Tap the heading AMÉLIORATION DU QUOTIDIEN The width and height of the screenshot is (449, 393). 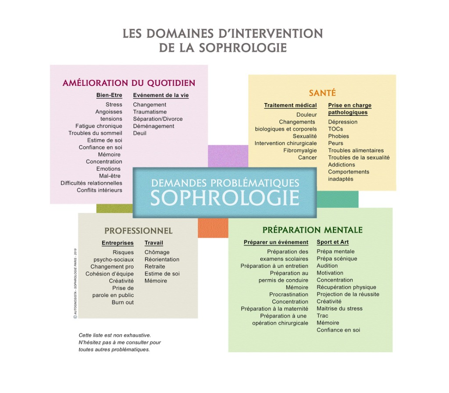click(129, 83)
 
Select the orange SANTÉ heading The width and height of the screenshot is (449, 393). click(322, 93)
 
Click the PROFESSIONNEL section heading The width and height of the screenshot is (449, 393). click(139, 231)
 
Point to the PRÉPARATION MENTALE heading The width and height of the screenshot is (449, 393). click(313, 230)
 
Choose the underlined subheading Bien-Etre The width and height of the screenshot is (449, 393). click(109, 95)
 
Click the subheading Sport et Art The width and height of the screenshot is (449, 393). click(333, 242)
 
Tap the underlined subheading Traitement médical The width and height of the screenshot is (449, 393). click(290, 106)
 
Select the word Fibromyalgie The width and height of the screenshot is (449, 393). click(300, 150)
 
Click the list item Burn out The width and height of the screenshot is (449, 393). click(123, 303)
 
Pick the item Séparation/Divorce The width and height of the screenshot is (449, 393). click(158, 119)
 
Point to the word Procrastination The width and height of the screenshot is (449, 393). click(289, 295)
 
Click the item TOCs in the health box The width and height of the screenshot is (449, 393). click(335, 129)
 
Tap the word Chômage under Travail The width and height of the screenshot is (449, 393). click(157, 253)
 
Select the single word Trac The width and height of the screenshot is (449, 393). click(322, 316)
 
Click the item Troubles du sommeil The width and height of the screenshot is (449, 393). click(95, 133)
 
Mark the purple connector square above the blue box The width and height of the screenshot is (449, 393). click(228, 156)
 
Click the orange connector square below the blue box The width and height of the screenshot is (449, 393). click(213, 228)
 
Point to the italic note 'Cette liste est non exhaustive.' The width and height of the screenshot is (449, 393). click(114, 335)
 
